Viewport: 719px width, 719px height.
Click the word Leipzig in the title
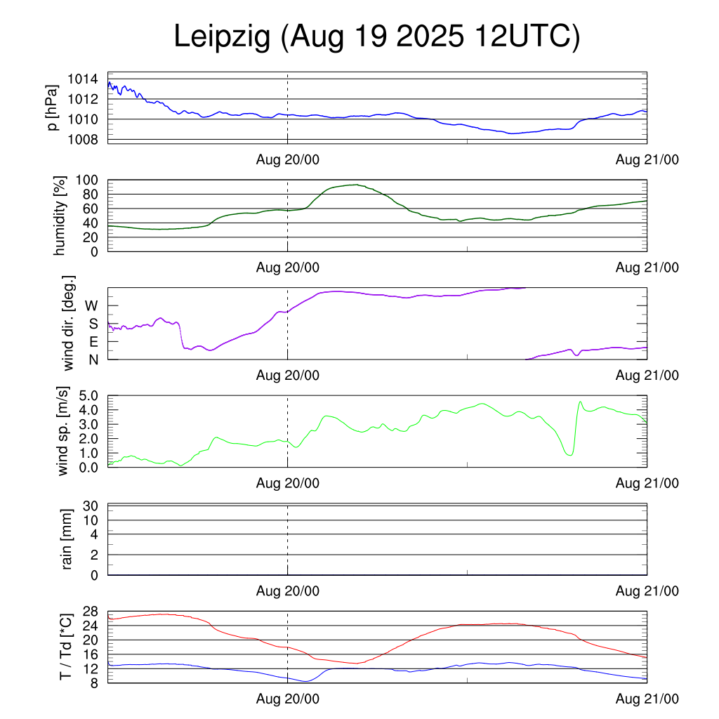pos(223,37)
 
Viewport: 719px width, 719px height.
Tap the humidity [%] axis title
pos(60,216)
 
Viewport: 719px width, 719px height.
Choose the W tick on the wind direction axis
pos(92,305)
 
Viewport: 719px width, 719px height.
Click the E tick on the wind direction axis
pos(93,341)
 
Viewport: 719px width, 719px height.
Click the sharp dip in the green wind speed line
pos(570,455)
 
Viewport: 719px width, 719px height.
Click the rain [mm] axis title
pos(68,539)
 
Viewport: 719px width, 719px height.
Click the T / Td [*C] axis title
pos(65,646)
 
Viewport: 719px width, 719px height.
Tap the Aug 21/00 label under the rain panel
pos(647,591)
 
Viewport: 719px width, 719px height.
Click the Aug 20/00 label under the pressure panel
pos(287,160)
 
